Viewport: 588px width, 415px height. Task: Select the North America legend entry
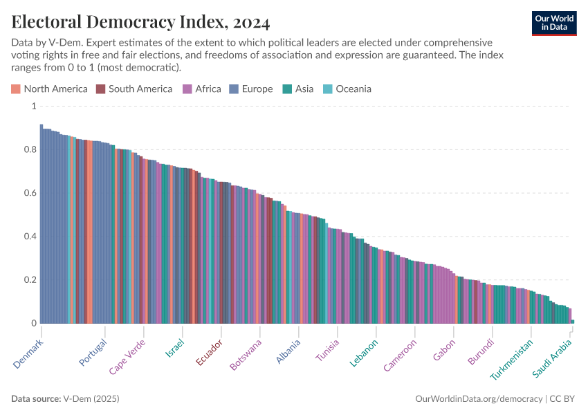pos(49,89)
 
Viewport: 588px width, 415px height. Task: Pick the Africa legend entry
pos(201,89)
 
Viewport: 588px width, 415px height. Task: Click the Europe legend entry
pos(252,89)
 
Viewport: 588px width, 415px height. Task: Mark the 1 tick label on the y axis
pos(33,106)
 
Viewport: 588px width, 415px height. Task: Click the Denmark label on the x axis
pos(28,353)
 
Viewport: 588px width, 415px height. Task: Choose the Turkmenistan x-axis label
pos(512,360)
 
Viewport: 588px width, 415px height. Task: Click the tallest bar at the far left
pos(42,223)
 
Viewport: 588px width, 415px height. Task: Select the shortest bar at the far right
pos(572,321)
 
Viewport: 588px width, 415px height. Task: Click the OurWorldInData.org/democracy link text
pos(479,399)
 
